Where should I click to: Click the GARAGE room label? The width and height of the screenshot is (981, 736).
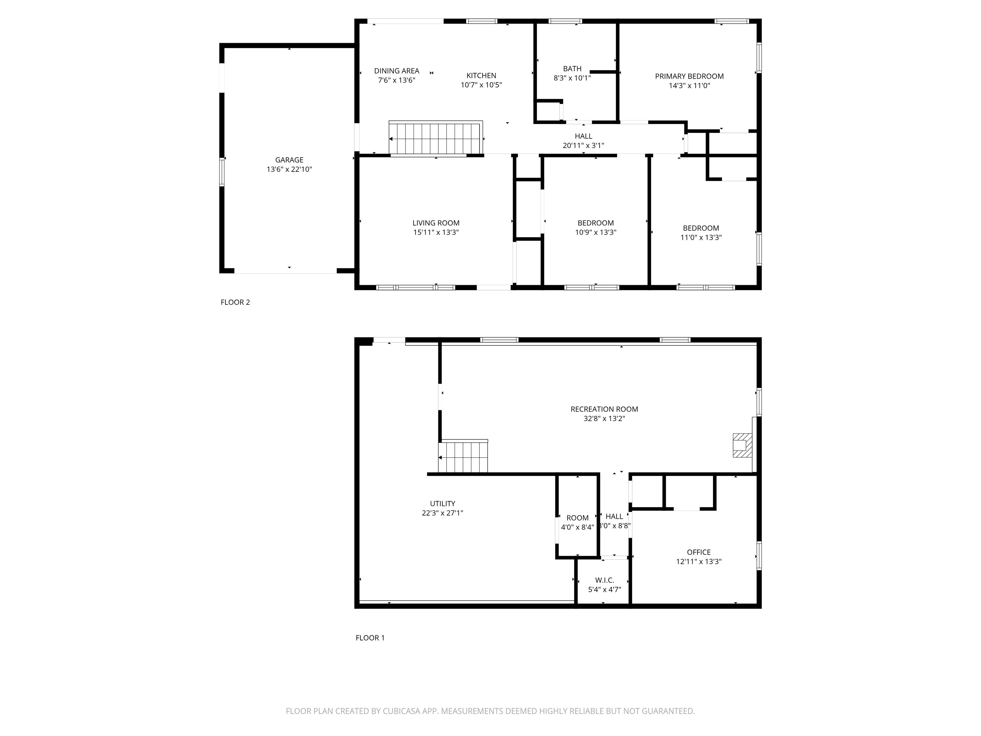(289, 160)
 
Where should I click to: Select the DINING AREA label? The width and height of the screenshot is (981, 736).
(397, 71)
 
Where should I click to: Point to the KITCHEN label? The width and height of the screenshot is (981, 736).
(481, 75)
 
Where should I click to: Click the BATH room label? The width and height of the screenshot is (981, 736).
(572, 69)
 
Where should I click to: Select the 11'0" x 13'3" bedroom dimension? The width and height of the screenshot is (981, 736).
(701, 237)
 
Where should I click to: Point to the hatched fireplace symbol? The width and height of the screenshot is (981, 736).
(741, 445)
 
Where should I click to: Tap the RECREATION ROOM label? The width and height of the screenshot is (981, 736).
(604, 409)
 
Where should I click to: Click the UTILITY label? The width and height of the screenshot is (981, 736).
(442, 503)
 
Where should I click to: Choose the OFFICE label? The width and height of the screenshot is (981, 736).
(698, 552)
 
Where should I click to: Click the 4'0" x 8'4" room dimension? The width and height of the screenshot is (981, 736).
(577, 527)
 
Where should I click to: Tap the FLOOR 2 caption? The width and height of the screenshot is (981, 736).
(235, 302)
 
